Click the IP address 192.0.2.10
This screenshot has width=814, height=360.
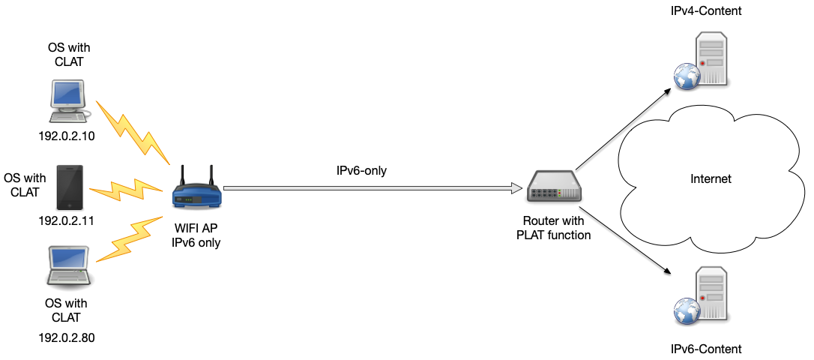[x=67, y=136]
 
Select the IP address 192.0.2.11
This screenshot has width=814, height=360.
[x=67, y=220]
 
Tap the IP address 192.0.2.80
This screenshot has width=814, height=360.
[x=67, y=337]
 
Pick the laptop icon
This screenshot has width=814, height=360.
[x=68, y=265]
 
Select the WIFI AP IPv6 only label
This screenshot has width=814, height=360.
[x=196, y=235]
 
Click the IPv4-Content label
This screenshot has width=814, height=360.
[x=706, y=11]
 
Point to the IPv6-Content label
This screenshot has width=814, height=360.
[x=706, y=349]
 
